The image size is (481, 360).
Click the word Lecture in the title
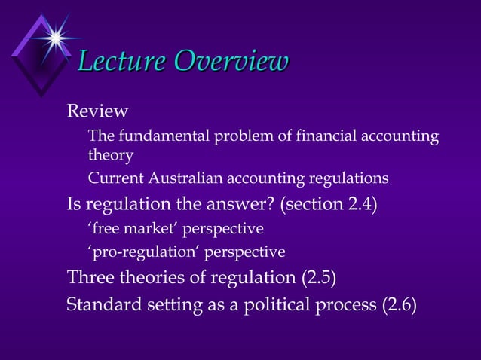pos(124,62)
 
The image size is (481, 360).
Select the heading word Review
pos(97,111)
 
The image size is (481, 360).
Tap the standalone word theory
pos(110,156)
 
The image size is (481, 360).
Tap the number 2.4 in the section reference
pos(358,203)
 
